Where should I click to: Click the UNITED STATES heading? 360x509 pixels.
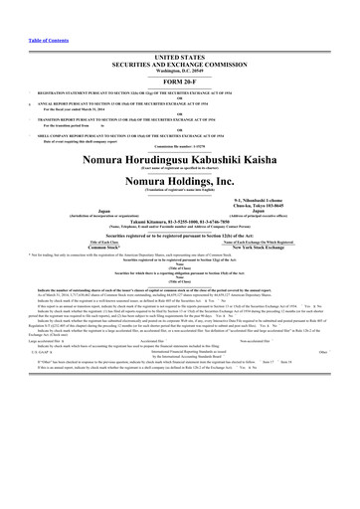coord(179,32)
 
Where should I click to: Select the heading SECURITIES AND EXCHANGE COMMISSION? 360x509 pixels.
coord(179,39)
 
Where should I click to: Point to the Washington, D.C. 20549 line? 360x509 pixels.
coord(179,46)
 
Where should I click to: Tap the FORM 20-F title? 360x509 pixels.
coord(179,57)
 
